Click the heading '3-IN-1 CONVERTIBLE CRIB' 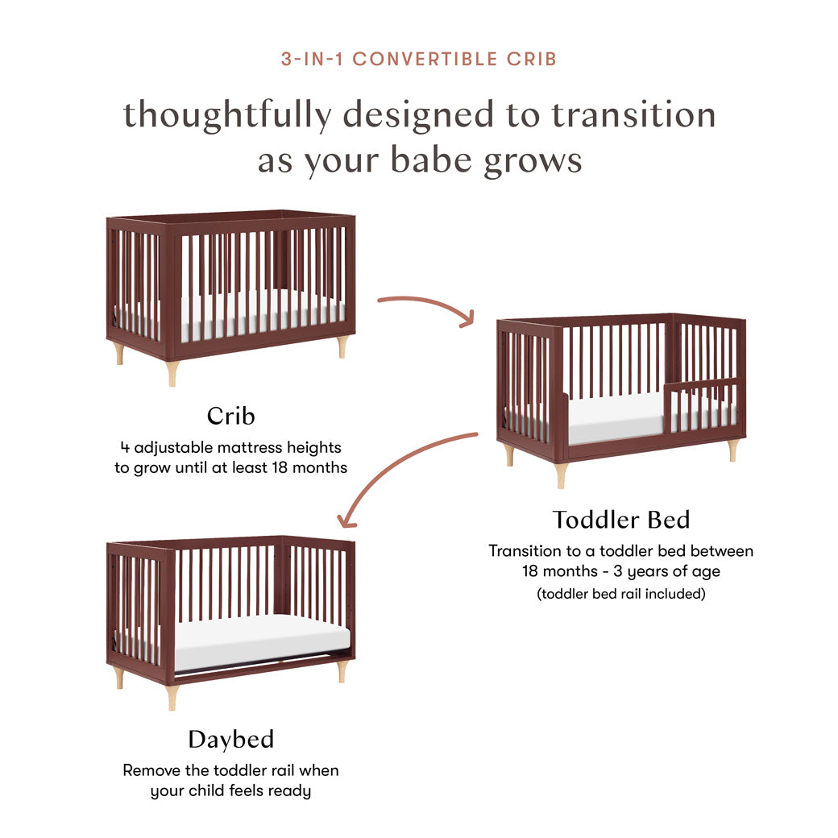point(419,59)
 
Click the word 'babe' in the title point(434,160)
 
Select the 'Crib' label point(230,416)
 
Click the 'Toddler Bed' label point(621,520)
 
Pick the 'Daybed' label point(230,739)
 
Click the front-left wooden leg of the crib point(172,373)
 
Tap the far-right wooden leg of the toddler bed point(732,450)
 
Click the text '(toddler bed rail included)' point(620,594)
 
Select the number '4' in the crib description point(125,446)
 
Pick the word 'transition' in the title point(633,115)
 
